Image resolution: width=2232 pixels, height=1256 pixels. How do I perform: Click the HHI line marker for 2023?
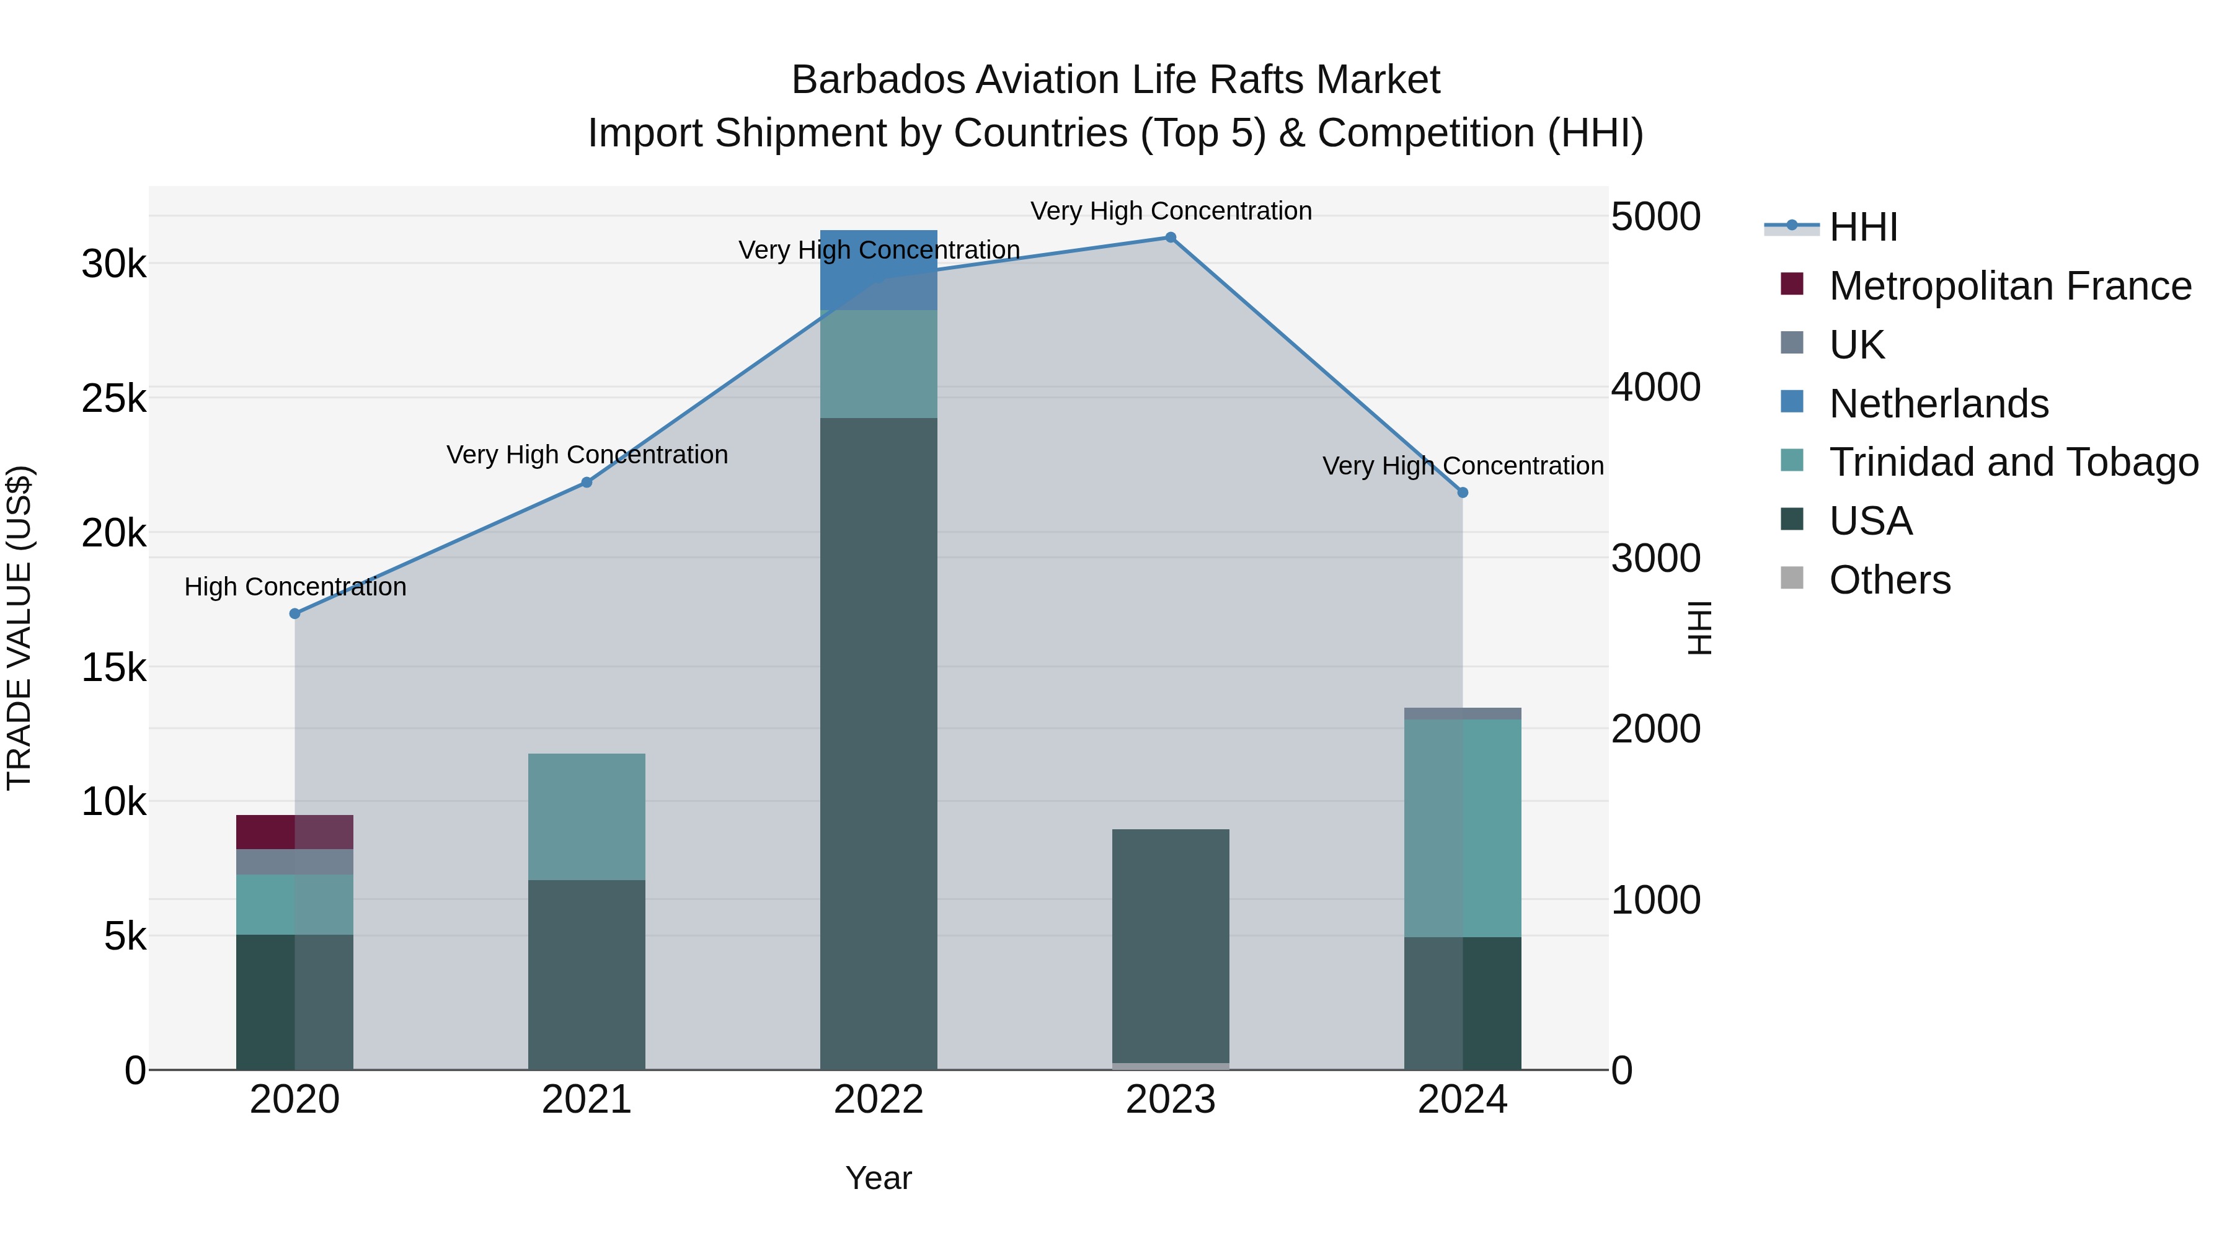click(x=1171, y=238)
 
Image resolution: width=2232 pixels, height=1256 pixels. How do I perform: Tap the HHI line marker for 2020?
click(x=294, y=613)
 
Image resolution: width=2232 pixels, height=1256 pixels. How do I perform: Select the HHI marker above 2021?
click(x=587, y=482)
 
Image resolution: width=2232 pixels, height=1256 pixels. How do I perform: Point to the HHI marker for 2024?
click(x=1463, y=492)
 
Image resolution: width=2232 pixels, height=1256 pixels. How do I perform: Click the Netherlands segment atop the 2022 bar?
click(x=879, y=270)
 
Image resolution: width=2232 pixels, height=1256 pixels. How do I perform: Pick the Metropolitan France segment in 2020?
click(x=294, y=832)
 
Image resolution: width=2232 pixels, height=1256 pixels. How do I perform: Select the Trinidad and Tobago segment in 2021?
click(x=587, y=816)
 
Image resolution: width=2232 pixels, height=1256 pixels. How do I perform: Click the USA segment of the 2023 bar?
click(x=1171, y=945)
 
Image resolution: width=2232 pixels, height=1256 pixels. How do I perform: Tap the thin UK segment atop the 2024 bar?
click(x=1463, y=713)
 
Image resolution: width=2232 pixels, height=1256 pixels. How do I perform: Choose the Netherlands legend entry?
click(x=1938, y=404)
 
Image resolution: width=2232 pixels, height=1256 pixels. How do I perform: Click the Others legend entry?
click(x=1890, y=580)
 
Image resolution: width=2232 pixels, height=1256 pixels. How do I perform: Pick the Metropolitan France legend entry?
click(x=2010, y=286)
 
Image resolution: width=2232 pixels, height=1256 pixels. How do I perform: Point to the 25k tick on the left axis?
click(x=113, y=399)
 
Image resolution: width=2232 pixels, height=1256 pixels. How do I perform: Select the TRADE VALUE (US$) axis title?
click(x=19, y=628)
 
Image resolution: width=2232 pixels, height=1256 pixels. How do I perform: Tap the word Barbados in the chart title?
click(x=878, y=81)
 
